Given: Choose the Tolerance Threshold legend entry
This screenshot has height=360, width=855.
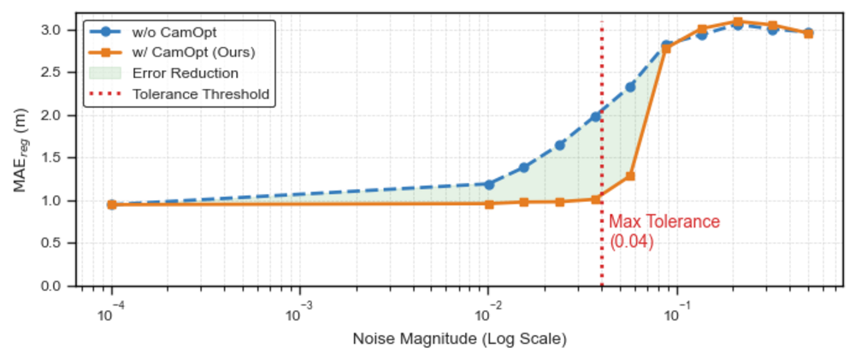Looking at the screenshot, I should coord(200,93).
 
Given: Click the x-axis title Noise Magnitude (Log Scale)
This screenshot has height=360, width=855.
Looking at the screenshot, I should coord(459,339).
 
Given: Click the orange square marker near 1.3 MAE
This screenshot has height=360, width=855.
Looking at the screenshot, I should coord(630,176).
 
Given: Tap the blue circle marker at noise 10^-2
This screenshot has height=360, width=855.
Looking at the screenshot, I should coord(489,184).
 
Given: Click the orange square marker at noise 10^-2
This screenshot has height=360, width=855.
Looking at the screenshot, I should coord(489,204).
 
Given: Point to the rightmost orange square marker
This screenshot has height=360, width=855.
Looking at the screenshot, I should coord(808,34).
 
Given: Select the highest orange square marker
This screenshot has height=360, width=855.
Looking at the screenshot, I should coord(737,21).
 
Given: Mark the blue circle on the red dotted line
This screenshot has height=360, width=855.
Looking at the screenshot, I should coord(596,116).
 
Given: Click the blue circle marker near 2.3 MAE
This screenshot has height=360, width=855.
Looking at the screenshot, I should coord(630,86).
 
